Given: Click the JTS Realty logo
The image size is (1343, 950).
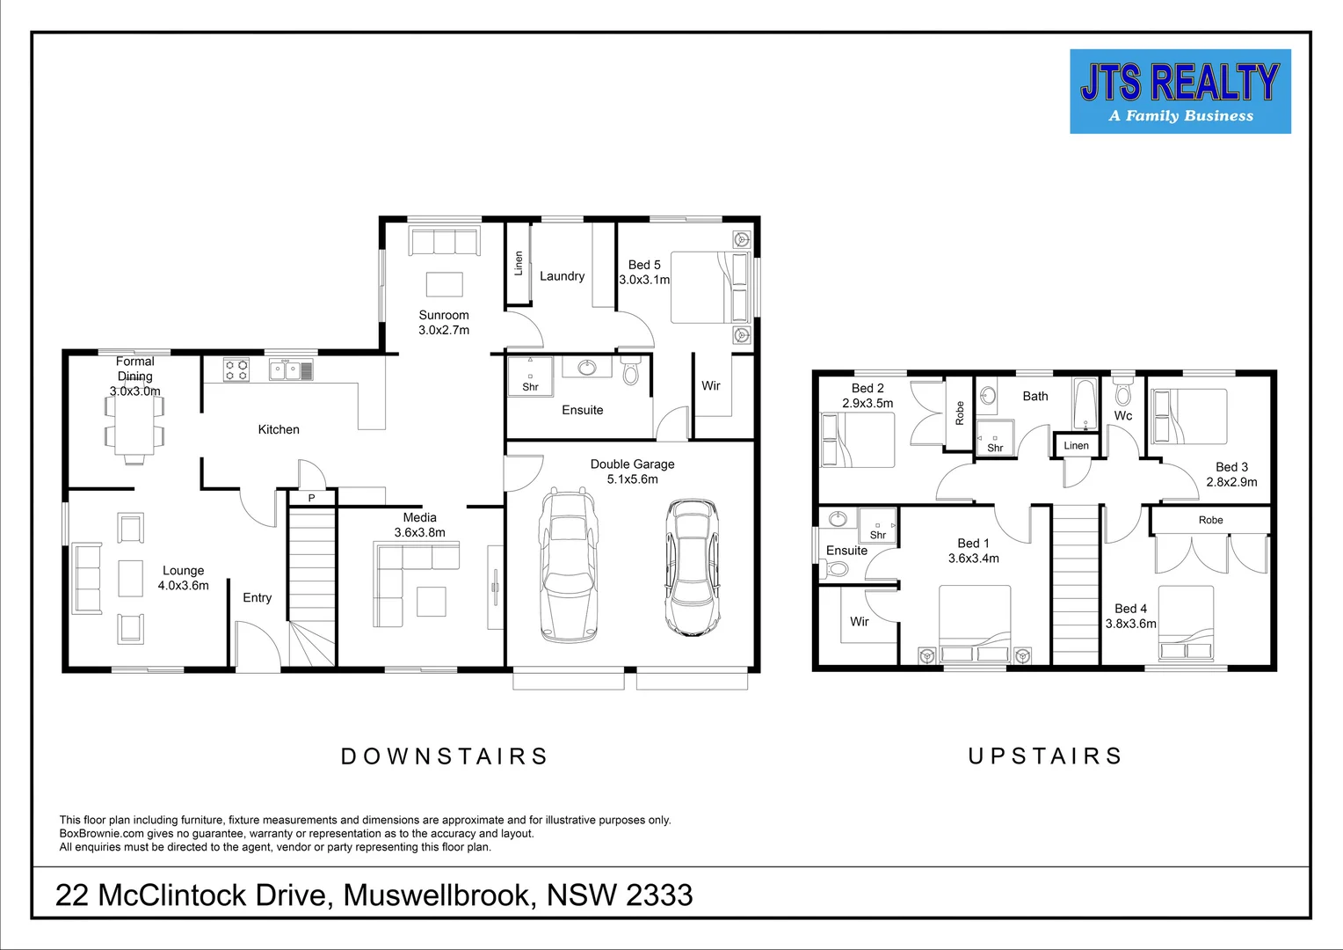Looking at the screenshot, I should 1180,91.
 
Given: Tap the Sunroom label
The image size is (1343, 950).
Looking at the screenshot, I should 444,315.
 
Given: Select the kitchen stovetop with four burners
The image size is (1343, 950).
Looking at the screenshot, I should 236,369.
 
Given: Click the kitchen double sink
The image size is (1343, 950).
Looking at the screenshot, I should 290,370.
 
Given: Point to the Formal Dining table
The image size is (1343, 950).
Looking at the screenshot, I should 134,427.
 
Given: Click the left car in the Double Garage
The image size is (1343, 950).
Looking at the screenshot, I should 567,563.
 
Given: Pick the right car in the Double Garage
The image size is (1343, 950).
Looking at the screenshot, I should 692,567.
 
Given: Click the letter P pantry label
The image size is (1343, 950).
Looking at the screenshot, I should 311,498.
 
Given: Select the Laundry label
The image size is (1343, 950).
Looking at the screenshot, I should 562,276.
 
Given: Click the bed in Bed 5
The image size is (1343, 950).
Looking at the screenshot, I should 708,288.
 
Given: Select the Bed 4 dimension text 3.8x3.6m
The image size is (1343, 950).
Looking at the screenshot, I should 1130,624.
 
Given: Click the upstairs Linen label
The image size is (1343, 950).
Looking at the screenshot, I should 1076,446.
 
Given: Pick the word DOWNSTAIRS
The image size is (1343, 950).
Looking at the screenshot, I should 444,756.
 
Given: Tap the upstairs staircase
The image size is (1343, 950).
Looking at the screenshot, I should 1076,585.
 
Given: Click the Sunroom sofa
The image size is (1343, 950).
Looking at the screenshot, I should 444,242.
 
